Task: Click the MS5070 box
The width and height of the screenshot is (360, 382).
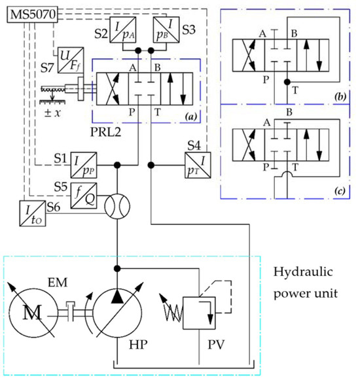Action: click(31, 12)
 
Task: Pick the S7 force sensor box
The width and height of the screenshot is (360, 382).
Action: click(67, 61)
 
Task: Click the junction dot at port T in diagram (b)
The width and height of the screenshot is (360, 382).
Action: click(287, 82)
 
